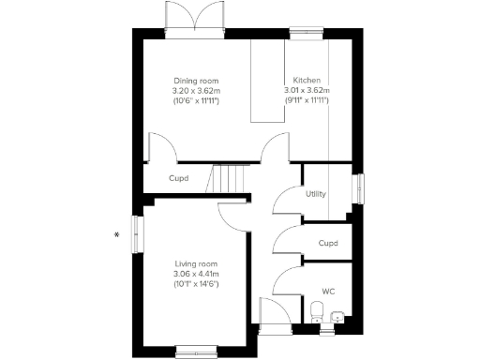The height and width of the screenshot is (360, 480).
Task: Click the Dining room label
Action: tap(196, 81)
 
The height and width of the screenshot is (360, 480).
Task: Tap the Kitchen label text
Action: tap(307, 81)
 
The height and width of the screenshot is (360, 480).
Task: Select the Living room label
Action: tap(196, 264)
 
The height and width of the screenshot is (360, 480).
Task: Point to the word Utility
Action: tap(316, 195)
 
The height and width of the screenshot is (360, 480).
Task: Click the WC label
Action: tap(328, 291)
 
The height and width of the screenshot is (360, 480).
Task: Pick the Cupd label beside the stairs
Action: tap(178, 178)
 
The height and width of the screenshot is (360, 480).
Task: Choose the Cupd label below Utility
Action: tap(328, 244)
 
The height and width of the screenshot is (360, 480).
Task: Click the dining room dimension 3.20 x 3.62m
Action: tap(196, 90)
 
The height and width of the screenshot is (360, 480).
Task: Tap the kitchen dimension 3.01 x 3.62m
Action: tap(307, 90)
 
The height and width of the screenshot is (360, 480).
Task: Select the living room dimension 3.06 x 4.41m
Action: tap(196, 274)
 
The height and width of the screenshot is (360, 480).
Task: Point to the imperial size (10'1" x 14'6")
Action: tap(196, 283)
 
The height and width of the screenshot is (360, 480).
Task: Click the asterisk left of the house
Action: tap(117, 234)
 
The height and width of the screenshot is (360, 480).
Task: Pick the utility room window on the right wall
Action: tap(356, 187)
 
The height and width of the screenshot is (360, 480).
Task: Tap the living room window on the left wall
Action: tap(137, 233)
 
